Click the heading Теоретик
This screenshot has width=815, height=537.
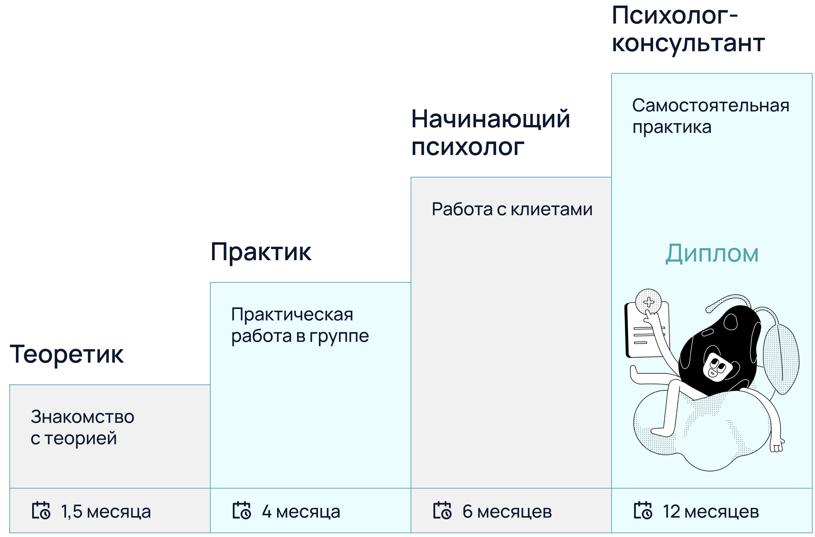(66, 354)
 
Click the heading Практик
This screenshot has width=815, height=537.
(261, 252)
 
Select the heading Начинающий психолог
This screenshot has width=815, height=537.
(491, 133)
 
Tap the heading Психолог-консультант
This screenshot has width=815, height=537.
(688, 29)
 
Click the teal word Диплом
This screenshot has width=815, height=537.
(712, 253)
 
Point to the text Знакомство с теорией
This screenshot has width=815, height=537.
(82, 427)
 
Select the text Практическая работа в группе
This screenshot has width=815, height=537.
(300, 325)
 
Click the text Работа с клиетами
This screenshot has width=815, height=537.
(512, 209)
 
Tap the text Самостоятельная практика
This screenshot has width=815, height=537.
(711, 116)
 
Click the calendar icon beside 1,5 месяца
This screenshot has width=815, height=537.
(41, 511)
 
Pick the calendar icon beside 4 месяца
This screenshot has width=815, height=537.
(242, 511)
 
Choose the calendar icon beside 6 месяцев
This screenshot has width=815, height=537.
(442, 511)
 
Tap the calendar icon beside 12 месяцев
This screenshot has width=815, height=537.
(643, 511)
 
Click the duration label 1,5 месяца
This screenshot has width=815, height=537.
(106, 511)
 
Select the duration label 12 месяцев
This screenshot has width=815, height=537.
(711, 511)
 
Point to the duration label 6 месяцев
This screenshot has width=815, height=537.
(507, 511)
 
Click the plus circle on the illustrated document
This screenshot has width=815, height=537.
(649, 302)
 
